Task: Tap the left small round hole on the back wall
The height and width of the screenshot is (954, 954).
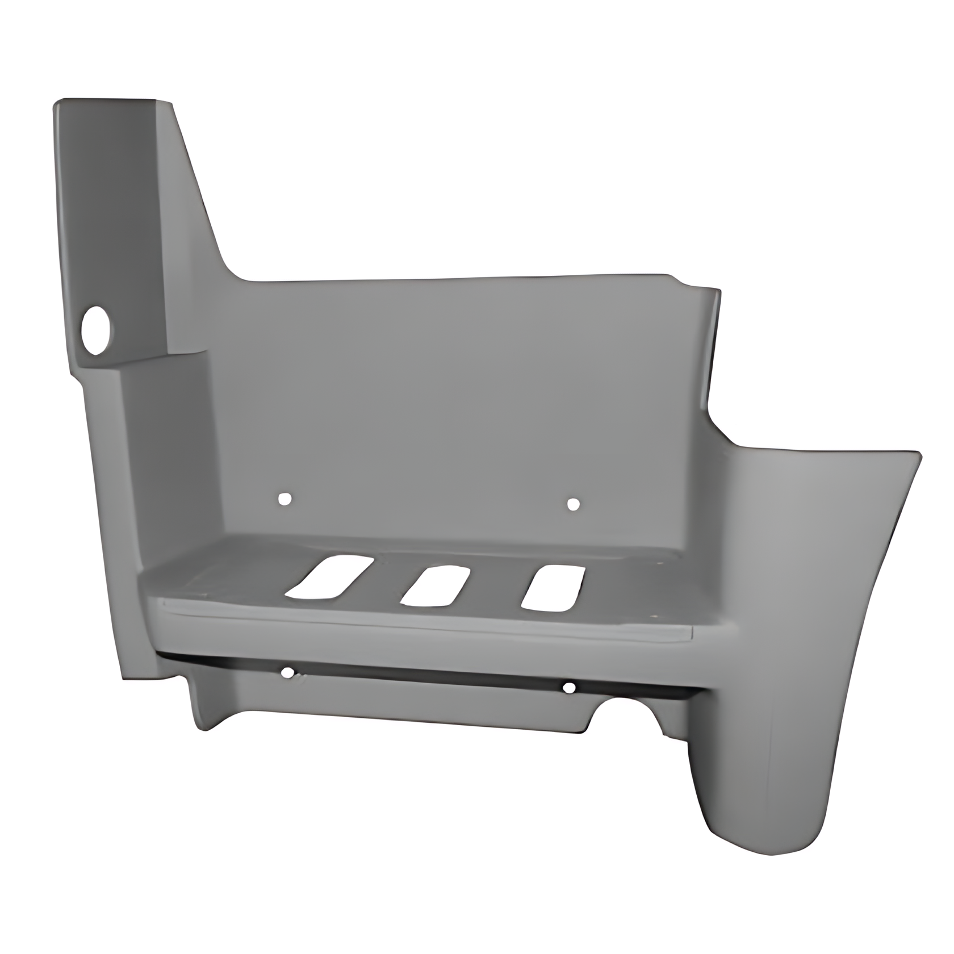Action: point(284,499)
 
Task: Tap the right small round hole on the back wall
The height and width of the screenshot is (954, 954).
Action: point(573,504)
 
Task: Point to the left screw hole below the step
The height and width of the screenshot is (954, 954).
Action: point(288,673)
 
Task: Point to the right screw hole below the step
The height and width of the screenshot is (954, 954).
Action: point(569,688)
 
